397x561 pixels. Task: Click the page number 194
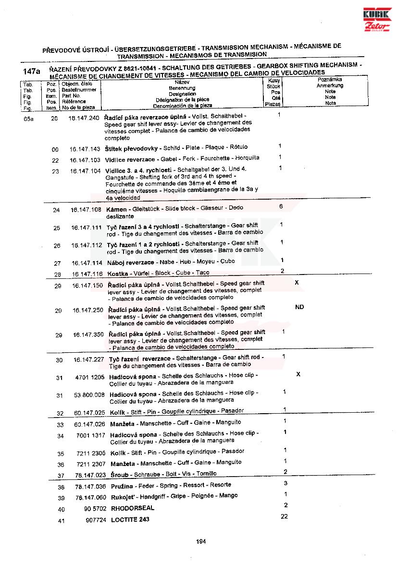(x=201, y=542)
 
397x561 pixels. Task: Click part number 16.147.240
(x=84, y=118)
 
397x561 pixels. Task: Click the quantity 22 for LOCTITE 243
(x=284, y=516)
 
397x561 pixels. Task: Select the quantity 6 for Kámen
(x=281, y=206)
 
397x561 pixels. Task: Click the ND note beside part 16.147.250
(x=299, y=307)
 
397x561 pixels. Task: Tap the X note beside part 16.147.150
(x=297, y=283)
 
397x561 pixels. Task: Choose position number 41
(x=61, y=521)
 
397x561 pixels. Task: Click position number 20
(x=54, y=119)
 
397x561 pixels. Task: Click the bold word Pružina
(x=122, y=486)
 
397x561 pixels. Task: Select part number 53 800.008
(x=89, y=395)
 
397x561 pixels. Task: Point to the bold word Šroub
(x=119, y=474)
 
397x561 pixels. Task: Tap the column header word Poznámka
(x=330, y=79)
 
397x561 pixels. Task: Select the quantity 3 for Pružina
(x=285, y=483)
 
